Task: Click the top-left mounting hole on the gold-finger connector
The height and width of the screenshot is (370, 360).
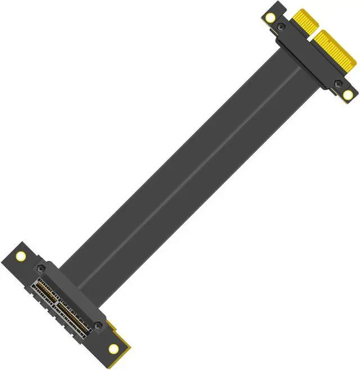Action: tap(271, 17)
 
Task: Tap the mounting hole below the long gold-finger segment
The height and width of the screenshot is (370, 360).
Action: tap(348, 94)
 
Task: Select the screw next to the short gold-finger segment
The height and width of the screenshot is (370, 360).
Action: tap(281, 26)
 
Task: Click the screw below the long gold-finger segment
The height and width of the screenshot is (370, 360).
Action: tap(337, 84)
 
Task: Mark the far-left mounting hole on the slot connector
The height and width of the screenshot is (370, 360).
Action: tap(21, 256)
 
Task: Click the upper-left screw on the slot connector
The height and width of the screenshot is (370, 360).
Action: tap(40, 269)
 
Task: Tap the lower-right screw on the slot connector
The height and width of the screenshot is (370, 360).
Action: tap(98, 326)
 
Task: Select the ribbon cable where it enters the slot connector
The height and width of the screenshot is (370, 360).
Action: tap(84, 264)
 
